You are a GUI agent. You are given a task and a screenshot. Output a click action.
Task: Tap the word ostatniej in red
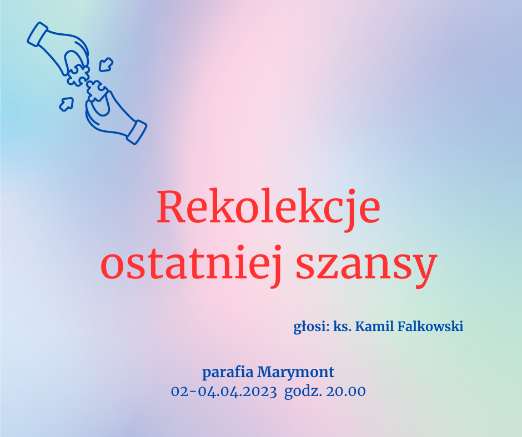(x=192, y=263)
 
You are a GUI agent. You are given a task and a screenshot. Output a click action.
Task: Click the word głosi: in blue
(x=312, y=327)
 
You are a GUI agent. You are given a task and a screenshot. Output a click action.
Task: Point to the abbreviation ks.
(x=343, y=327)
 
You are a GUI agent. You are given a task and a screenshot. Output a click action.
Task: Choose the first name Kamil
(x=374, y=326)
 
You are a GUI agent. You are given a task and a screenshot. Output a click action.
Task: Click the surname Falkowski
(x=430, y=326)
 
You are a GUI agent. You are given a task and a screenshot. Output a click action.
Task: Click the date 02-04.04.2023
(x=224, y=392)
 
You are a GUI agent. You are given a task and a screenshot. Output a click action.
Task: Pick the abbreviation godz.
(x=303, y=392)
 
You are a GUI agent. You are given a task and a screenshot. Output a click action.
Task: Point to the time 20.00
(x=346, y=392)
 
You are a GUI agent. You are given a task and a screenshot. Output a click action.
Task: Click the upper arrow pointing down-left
(x=106, y=64)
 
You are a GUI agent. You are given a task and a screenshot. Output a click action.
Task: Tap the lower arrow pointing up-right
(x=67, y=104)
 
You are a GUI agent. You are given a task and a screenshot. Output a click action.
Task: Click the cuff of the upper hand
(x=38, y=34)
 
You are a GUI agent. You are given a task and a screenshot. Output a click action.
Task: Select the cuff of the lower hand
(x=137, y=132)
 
